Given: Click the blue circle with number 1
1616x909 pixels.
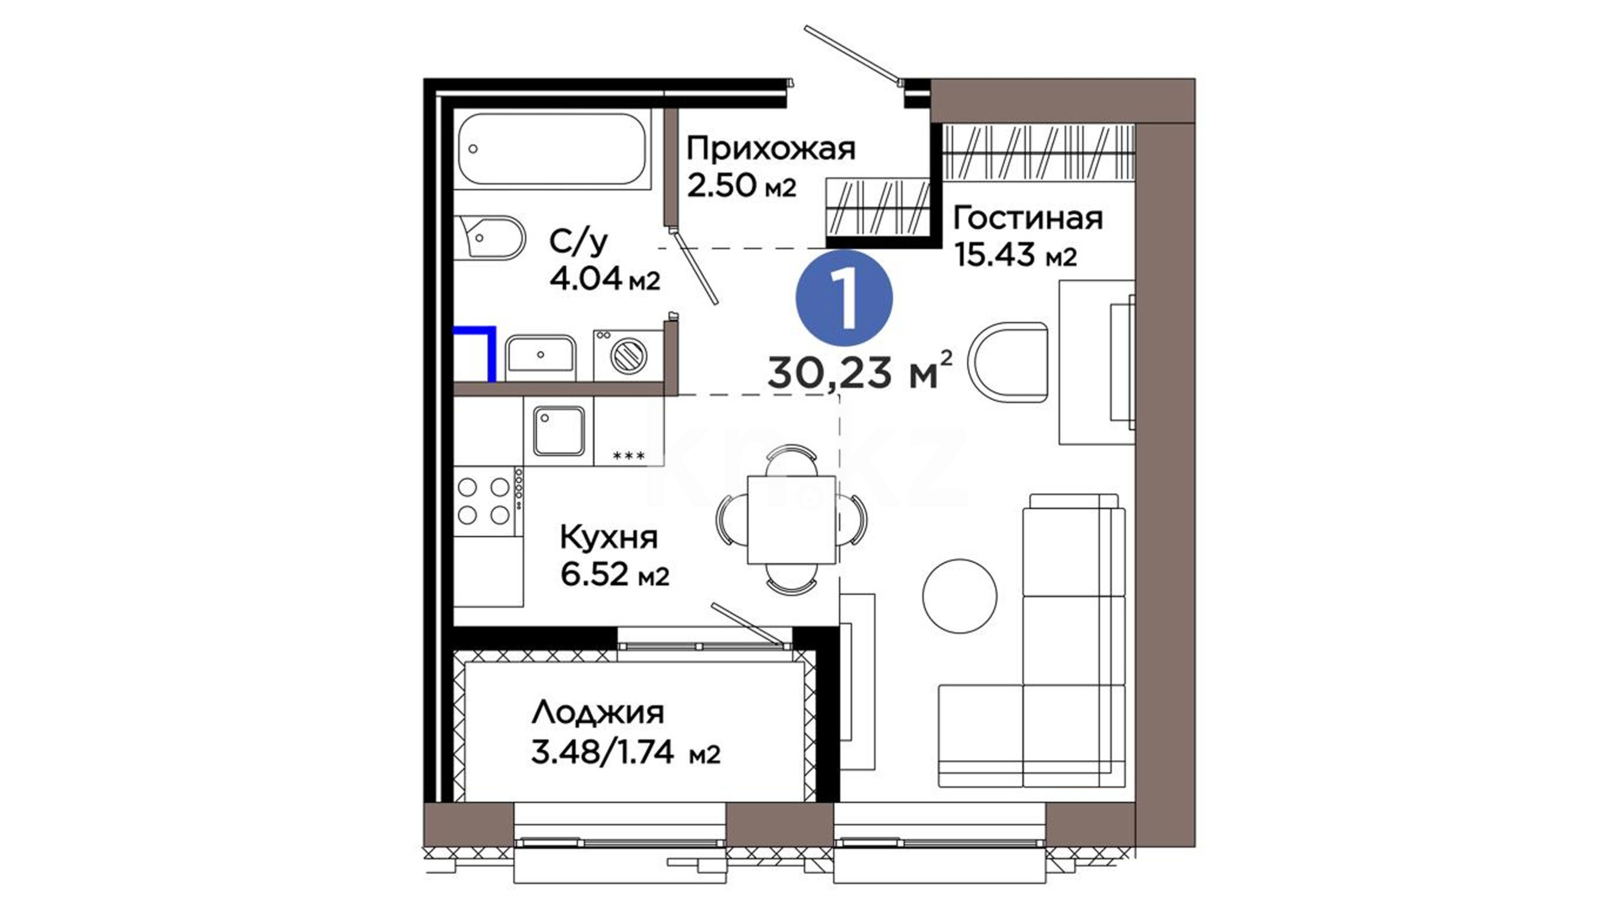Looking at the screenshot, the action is click(844, 298).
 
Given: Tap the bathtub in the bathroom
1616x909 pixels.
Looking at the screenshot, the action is click(553, 150).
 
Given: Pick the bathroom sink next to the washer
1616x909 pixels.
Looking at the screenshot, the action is click(540, 357).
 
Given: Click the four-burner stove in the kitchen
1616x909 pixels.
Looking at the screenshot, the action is click(485, 501).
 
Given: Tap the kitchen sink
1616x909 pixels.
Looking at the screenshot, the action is click(558, 431).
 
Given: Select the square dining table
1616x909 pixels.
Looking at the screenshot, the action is click(791, 519).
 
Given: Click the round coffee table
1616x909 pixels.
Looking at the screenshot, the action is click(959, 597).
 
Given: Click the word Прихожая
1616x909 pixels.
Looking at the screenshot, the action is click(771, 149).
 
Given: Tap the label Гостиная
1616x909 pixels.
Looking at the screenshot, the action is click(1028, 218).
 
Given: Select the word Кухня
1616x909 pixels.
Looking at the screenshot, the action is click(609, 537).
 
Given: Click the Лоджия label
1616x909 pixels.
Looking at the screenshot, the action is click(598, 714).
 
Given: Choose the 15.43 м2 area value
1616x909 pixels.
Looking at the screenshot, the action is click(1016, 253).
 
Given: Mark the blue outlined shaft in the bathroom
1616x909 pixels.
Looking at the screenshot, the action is click(474, 353).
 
